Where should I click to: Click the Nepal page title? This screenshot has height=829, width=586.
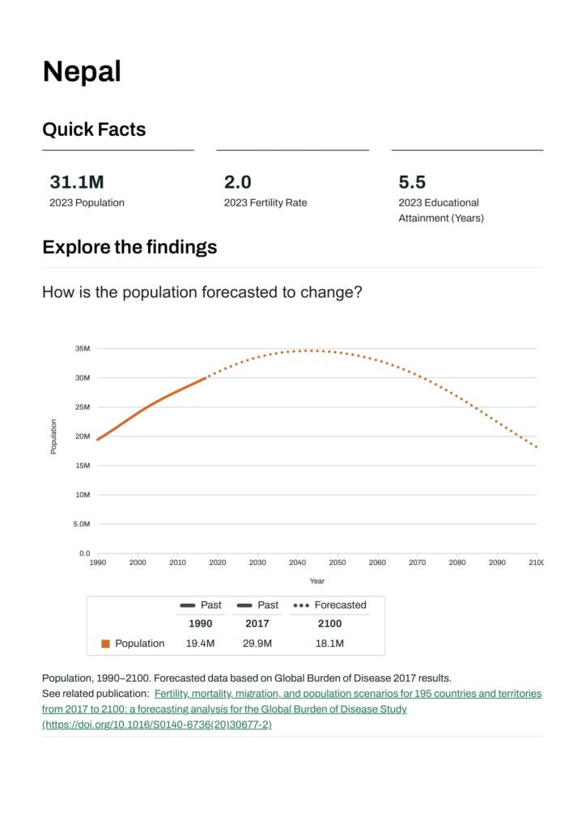[82, 72]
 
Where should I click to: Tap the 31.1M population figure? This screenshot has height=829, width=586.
[77, 182]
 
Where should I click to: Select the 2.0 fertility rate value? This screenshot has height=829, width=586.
[237, 182]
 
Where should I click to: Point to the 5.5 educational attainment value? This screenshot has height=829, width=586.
[412, 182]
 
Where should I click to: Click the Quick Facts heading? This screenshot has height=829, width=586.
[94, 130]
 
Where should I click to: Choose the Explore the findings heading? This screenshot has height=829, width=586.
[130, 247]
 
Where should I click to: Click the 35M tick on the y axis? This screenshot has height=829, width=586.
[82, 349]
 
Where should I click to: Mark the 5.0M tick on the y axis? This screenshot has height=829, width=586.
[81, 525]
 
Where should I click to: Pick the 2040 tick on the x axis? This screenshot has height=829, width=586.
[297, 562]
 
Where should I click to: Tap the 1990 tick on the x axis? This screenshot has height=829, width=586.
[97, 562]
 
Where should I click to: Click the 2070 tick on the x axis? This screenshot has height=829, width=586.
[417, 562]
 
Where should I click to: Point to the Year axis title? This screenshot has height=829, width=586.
[316, 580]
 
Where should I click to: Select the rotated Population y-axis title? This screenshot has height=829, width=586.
[53, 436]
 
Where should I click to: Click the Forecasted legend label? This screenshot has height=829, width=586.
[340, 605]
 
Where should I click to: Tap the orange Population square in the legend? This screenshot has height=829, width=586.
[105, 644]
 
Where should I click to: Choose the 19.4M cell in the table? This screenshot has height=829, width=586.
[201, 644]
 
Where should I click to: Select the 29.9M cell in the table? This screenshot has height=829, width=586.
[257, 644]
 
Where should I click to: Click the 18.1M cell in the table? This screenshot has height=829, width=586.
[329, 644]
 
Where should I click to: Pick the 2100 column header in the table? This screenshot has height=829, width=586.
[329, 623]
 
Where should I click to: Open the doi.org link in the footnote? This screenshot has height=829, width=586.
[157, 725]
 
